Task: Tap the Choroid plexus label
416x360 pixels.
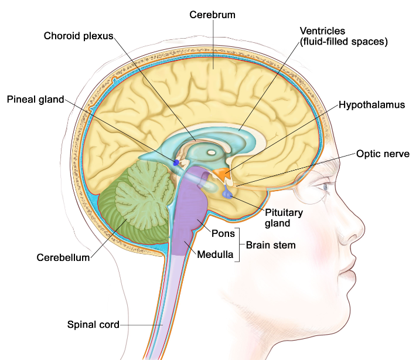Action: (x=78, y=36)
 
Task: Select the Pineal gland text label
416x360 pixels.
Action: (x=35, y=99)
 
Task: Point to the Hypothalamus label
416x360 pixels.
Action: (x=372, y=105)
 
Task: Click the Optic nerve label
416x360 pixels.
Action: (x=380, y=155)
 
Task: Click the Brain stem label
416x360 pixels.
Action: (x=271, y=245)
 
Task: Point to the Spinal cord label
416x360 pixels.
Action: (x=93, y=324)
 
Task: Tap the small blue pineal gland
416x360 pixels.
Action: (x=176, y=162)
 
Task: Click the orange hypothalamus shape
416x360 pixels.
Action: (x=222, y=174)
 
